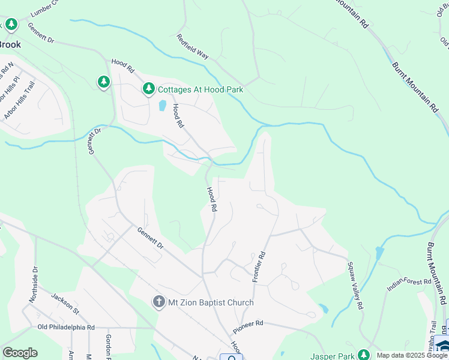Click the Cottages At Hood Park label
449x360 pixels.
[200, 89]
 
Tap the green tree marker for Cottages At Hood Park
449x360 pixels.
[149, 89]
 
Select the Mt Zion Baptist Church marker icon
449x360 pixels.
[158, 302]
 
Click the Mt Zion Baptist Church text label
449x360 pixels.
[210, 302]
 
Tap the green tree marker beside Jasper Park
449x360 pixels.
[363, 355]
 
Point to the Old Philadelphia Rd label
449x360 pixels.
[66, 328]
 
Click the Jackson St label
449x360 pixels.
[65, 301]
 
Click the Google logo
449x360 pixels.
[20, 353]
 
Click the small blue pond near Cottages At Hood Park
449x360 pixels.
[162, 106]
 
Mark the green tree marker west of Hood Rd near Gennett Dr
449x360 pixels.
[104, 82]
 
